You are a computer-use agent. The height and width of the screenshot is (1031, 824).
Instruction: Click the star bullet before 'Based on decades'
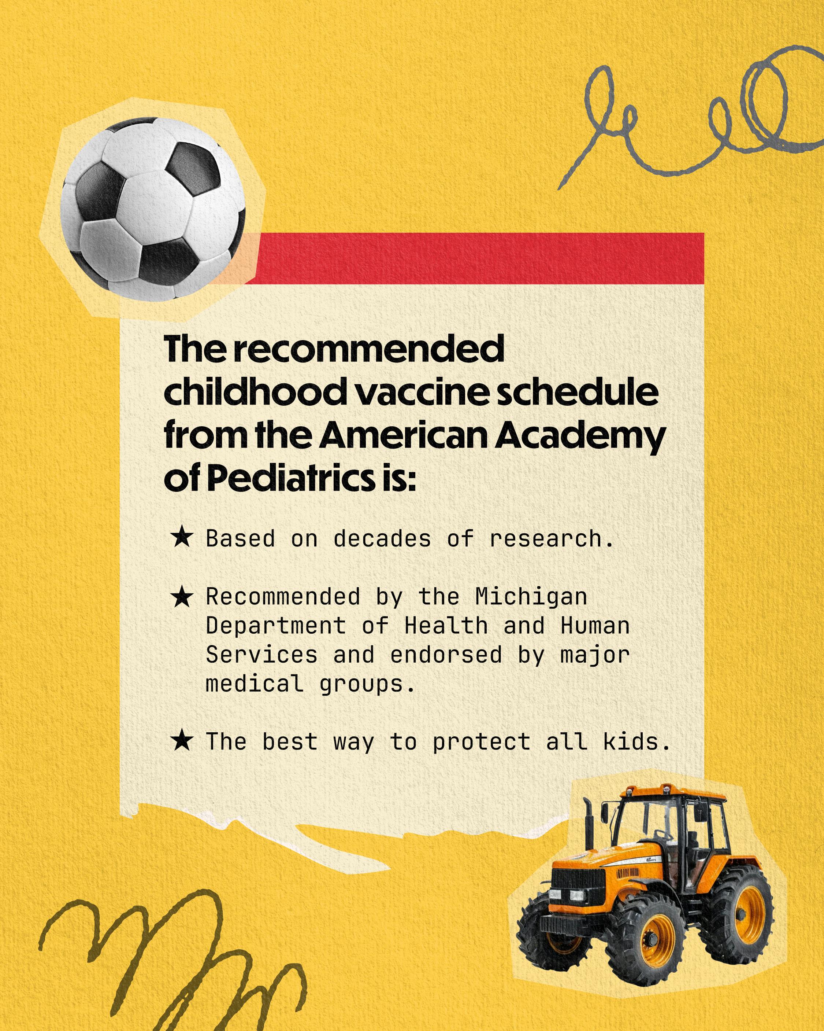[182, 538]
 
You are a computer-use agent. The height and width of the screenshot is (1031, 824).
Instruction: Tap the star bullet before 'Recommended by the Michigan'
[182, 597]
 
